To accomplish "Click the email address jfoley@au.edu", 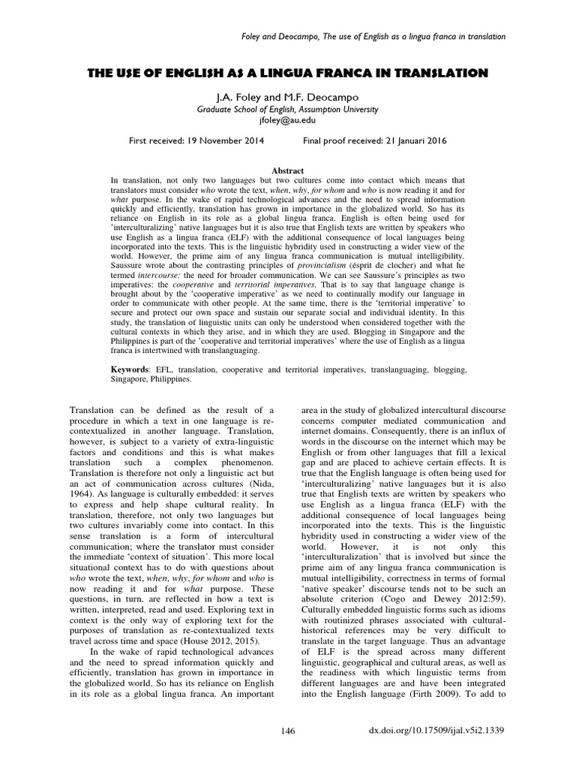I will [288, 119].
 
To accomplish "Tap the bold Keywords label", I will [130, 370].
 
